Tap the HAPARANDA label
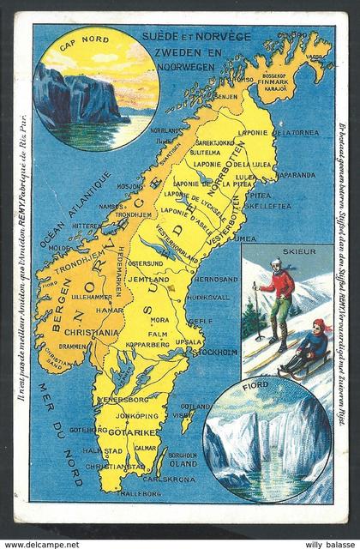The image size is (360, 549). tap(295, 173)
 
